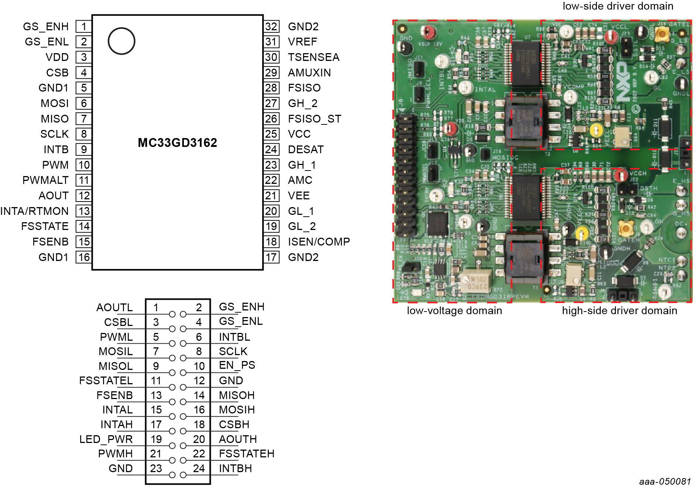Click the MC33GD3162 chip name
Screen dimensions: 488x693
pyautogui.click(x=177, y=143)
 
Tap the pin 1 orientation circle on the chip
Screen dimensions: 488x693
pyautogui.click(x=121, y=41)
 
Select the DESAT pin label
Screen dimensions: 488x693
pyautogui.click(x=306, y=150)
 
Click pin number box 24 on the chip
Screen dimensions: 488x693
pyautogui.click(x=271, y=150)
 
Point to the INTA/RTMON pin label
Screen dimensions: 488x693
pyautogui.click(x=35, y=211)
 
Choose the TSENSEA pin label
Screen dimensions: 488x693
pyautogui.click(x=313, y=57)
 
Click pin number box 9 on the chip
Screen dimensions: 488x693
pyautogui.click(x=84, y=150)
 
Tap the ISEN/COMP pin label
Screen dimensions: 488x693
pyautogui.click(x=319, y=242)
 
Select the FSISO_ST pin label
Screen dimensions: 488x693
pyautogui.click(x=315, y=119)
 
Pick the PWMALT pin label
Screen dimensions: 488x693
pyautogui.click(x=45, y=180)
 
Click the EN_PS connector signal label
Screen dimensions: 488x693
pyautogui.click(x=237, y=365)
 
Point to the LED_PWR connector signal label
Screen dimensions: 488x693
pyautogui.click(x=106, y=439)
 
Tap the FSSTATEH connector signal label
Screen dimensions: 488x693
pyautogui.click(x=247, y=454)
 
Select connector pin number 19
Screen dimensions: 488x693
pyautogui.click(x=156, y=439)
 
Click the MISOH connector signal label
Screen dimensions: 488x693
pyautogui.click(x=237, y=395)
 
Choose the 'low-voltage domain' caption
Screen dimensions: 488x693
pyautogui.click(x=454, y=311)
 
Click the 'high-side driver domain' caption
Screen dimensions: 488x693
pyautogui.click(x=620, y=311)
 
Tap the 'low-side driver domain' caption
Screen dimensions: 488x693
pyautogui.click(x=618, y=6)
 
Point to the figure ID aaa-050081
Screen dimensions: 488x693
pyautogui.click(x=665, y=481)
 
